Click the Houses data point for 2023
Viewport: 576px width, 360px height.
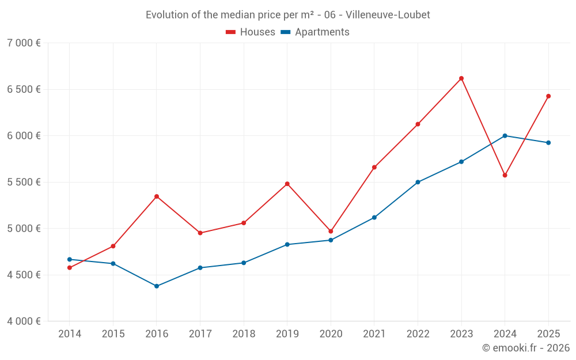[x=461, y=78]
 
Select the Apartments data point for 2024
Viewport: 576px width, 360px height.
[x=505, y=136]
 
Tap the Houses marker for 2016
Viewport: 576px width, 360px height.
[x=157, y=196]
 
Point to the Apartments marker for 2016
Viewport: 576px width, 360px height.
[x=157, y=286]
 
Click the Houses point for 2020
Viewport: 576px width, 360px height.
[x=331, y=231]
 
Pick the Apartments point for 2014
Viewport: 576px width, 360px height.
[x=70, y=259]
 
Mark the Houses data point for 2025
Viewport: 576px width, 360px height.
[x=548, y=96]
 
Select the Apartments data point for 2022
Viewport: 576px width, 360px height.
[x=418, y=182]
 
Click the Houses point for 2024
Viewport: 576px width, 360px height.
[x=505, y=175]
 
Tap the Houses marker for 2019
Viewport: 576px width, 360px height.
[x=287, y=184]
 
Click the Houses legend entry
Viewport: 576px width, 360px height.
[x=251, y=32]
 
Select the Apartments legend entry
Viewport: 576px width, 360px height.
[x=315, y=32]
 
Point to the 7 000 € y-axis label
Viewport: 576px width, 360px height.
[x=24, y=43]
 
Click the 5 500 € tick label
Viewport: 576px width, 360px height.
[x=24, y=182]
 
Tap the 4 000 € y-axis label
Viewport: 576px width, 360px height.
[x=24, y=321]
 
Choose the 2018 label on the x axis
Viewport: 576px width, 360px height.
[x=244, y=334]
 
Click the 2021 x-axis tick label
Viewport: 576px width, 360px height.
[x=374, y=334]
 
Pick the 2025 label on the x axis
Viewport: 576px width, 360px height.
[x=548, y=334]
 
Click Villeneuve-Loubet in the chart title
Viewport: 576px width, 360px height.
[x=388, y=15]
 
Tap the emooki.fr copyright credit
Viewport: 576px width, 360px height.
[x=526, y=348]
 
